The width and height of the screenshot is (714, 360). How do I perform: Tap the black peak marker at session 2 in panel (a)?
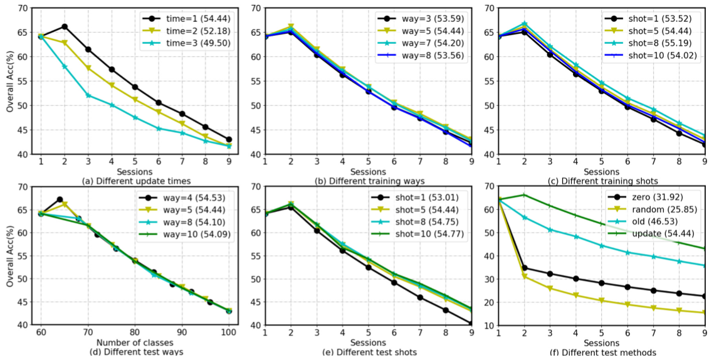[x=65, y=26]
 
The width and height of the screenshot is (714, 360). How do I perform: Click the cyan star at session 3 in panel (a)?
[x=88, y=95]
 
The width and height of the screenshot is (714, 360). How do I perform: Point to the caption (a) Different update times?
[x=135, y=181]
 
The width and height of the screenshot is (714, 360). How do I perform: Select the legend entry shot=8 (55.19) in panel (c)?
[x=653, y=47]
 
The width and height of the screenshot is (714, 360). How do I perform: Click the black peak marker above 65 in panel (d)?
[x=60, y=199]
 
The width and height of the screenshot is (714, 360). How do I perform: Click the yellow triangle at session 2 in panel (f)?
[x=524, y=277]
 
